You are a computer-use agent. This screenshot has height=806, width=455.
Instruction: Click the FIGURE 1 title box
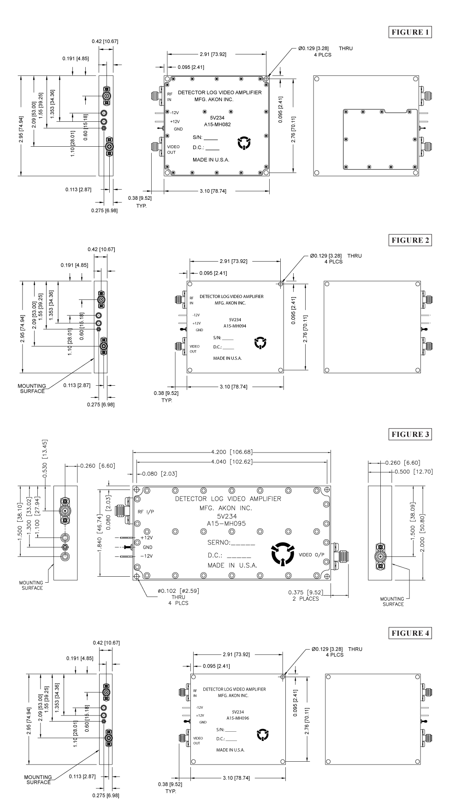click(411, 32)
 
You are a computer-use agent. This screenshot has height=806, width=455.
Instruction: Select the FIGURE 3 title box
click(411, 435)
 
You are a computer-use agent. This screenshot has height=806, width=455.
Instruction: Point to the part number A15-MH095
click(230, 523)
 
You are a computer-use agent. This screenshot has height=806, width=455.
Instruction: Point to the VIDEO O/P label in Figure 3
click(312, 555)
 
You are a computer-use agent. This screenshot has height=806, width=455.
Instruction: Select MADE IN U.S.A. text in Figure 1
click(211, 160)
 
